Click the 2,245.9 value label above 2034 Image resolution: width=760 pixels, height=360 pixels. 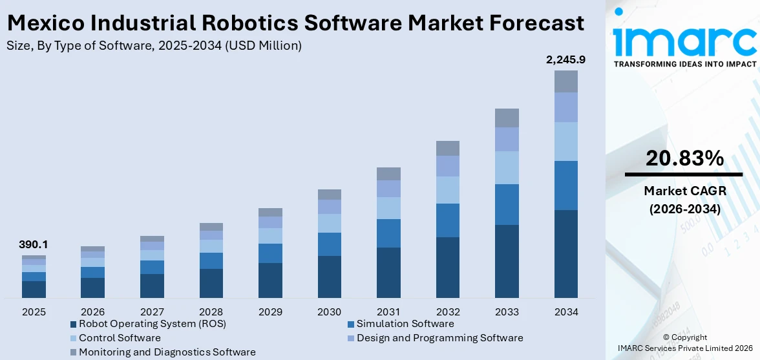(565, 60)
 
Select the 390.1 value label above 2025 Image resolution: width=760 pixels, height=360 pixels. (34, 245)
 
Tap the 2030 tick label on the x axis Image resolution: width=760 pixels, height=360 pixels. (329, 312)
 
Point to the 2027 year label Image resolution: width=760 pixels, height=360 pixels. (152, 312)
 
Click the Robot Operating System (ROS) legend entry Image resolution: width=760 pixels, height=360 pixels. (152, 324)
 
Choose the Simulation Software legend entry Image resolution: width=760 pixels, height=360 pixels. (405, 324)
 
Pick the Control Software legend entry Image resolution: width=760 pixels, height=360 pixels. (120, 338)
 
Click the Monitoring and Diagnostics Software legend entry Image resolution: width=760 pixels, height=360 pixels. (167, 352)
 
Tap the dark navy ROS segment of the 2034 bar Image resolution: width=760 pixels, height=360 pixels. (565, 253)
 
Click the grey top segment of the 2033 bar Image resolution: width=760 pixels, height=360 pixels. (507, 118)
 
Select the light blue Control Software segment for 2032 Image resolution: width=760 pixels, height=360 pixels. (447, 190)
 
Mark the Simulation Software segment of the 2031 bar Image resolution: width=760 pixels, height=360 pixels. (388, 233)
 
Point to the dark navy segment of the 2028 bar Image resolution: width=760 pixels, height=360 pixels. (211, 283)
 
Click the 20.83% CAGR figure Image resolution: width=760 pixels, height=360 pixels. (683, 158)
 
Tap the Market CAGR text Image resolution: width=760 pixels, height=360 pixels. (683, 191)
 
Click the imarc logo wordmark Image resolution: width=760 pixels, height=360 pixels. (684, 40)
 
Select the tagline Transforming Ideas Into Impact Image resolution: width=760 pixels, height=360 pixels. (684, 64)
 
